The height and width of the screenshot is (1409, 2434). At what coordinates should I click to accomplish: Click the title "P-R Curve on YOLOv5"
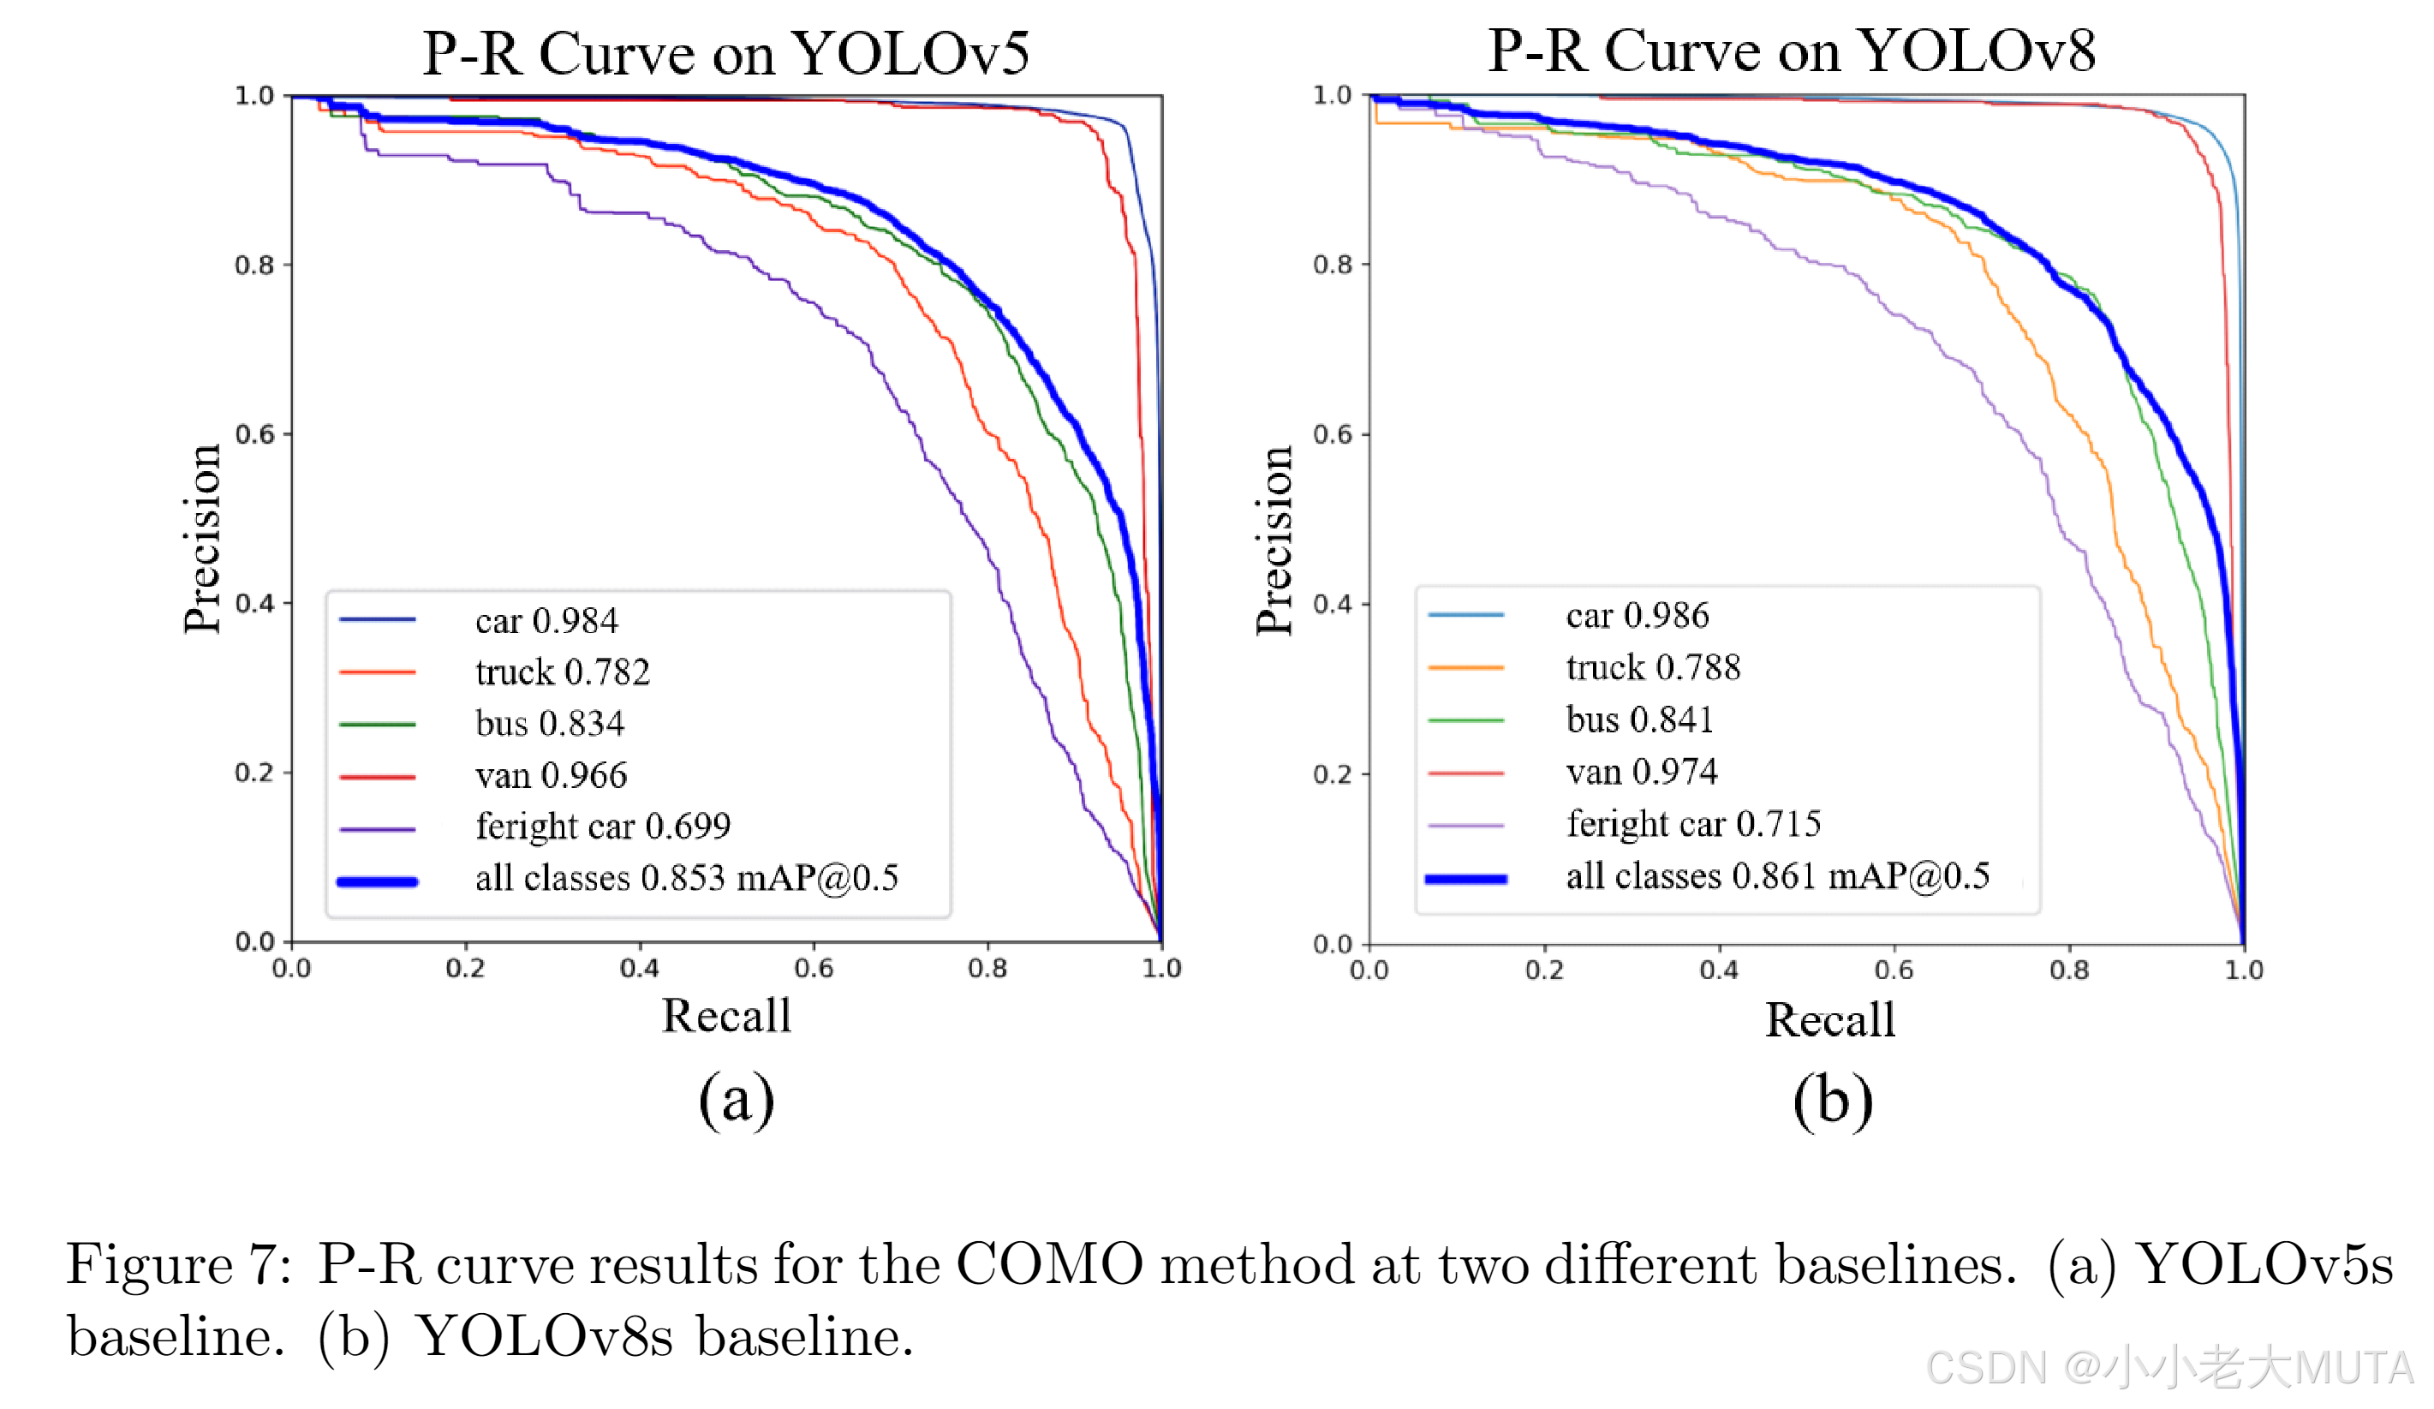[x=725, y=53]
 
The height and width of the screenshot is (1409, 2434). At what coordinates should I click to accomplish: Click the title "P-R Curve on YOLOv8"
[x=1791, y=51]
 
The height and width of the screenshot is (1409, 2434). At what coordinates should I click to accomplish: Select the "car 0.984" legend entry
[x=546, y=621]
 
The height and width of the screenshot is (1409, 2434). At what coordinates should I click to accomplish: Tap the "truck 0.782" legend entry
[x=562, y=672]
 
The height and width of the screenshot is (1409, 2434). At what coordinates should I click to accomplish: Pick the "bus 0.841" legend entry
[x=1639, y=720]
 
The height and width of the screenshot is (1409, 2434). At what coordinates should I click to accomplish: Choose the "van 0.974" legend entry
[x=1641, y=773]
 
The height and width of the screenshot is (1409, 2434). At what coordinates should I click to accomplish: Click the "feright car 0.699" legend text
[x=603, y=827]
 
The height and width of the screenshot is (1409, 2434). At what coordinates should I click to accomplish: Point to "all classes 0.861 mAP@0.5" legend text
[x=1777, y=877]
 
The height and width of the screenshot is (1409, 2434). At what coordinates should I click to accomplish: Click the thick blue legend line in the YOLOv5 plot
[x=377, y=881]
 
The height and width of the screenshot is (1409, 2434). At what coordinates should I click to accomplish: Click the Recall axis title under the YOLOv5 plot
[x=725, y=1016]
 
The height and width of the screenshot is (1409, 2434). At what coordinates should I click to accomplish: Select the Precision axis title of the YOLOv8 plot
[x=1274, y=540]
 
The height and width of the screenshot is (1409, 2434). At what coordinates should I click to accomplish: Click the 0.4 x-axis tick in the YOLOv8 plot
[x=1718, y=970]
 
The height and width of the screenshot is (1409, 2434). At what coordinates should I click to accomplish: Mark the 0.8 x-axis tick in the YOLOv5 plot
[x=987, y=969]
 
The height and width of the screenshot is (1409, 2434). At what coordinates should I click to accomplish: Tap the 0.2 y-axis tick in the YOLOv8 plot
[x=1332, y=774]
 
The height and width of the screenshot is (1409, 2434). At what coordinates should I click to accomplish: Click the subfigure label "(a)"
[x=736, y=1100]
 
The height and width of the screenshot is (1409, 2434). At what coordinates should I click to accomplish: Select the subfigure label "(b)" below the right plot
[x=1832, y=1101]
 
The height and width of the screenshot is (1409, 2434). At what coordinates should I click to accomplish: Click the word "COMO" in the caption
[x=1049, y=1264]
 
